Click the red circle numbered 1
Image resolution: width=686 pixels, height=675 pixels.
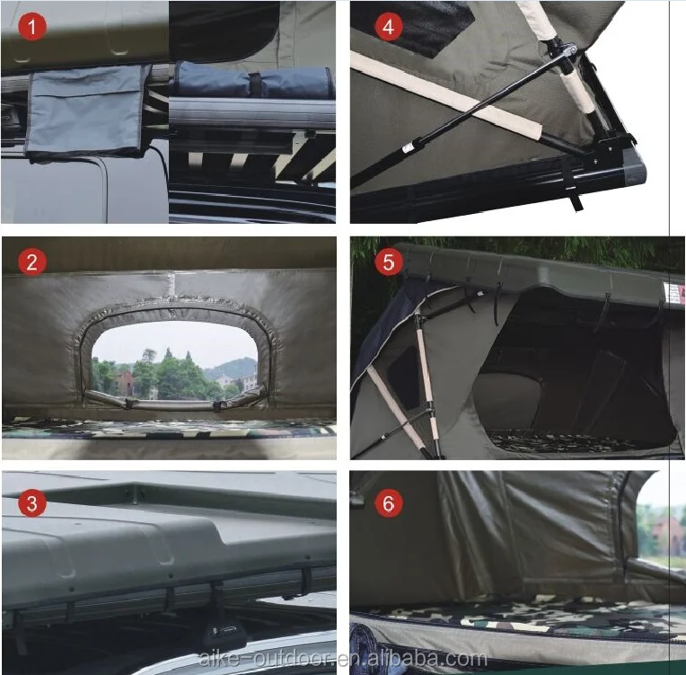point(32,28)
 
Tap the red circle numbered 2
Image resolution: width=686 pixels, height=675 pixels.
point(32,262)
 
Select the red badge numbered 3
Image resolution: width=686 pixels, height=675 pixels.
point(32,502)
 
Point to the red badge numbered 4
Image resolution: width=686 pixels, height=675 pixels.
point(388,27)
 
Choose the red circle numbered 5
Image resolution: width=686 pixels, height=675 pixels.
point(388,262)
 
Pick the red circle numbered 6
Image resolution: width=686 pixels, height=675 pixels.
point(388,502)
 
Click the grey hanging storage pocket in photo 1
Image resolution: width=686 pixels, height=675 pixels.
point(85,111)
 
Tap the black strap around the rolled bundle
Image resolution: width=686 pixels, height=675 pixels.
point(255,84)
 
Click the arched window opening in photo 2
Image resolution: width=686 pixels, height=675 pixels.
point(174,360)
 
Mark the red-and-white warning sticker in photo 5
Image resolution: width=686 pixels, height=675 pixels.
point(673,291)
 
